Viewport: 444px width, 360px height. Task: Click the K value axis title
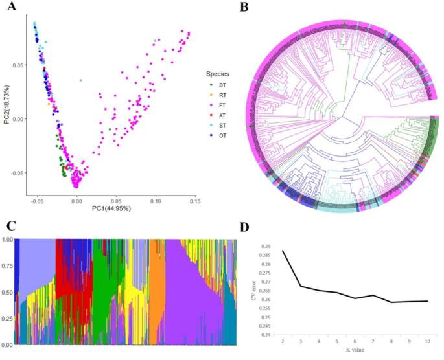click(x=355, y=356)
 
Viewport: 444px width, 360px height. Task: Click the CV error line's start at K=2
click(x=283, y=251)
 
